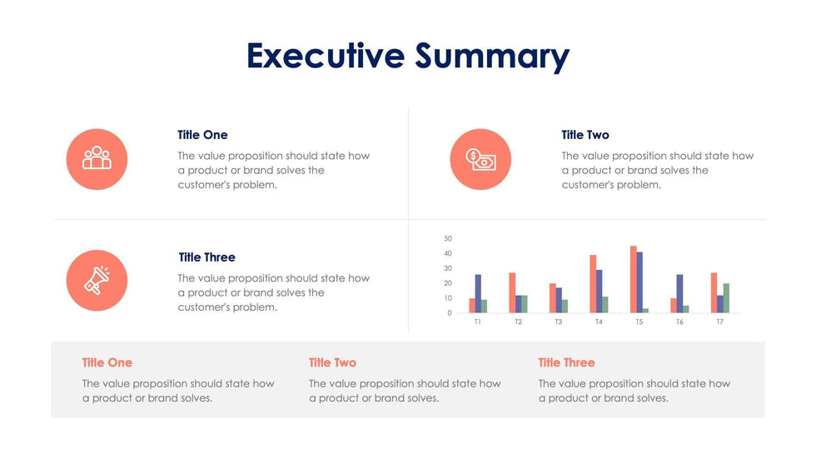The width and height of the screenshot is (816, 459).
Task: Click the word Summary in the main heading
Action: click(x=492, y=57)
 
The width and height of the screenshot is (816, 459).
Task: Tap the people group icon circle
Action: click(x=97, y=159)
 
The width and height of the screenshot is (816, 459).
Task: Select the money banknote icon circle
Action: click(x=480, y=159)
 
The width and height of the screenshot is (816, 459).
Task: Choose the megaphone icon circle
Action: click(x=97, y=281)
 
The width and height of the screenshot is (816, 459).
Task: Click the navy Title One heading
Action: click(x=202, y=135)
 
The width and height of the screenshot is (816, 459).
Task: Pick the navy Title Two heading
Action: click(x=585, y=135)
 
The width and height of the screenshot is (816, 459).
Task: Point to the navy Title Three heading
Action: click(x=207, y=257)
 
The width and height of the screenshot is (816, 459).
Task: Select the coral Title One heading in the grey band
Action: click(x=107, y=362)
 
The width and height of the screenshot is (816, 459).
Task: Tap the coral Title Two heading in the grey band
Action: click(x=332, y=362)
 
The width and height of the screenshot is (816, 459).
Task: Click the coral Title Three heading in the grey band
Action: click(x=566, y=362)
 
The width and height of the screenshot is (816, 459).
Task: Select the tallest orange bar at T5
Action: click(x=634, y=279)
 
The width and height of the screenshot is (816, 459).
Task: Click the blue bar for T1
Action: click(x=478, y=293)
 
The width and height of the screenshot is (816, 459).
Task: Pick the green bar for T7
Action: click(x=726, y=298)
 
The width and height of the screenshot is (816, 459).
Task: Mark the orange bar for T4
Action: click(x=593, y=283)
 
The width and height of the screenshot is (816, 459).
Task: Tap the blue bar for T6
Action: click(x=679, y=293)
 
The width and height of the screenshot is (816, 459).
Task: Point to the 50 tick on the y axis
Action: click(x=448, y=239)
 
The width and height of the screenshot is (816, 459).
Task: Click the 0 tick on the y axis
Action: click(x=450, y=313)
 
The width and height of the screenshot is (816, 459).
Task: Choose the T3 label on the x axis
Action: click(x=558, y=322)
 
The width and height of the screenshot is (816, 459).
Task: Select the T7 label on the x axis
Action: click(x=719, y=322)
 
